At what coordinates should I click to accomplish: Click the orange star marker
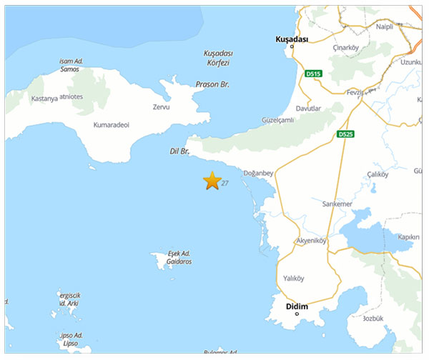click(x=212, y=181)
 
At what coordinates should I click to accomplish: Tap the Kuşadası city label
click(x=292, y=39)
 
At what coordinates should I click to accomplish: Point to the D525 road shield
click(x=346, y=134)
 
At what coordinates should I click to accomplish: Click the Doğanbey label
click(x=259, y=173)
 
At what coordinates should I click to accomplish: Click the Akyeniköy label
click(x=310, y=241)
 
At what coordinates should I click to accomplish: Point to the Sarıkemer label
click(x=337, y=204)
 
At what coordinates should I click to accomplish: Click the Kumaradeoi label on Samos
click(x=112, y=125)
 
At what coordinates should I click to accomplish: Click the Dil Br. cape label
click(x=179, y=151)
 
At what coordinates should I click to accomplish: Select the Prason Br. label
click(x=212, y=84)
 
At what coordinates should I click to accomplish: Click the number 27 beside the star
click(x=225, y=184)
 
